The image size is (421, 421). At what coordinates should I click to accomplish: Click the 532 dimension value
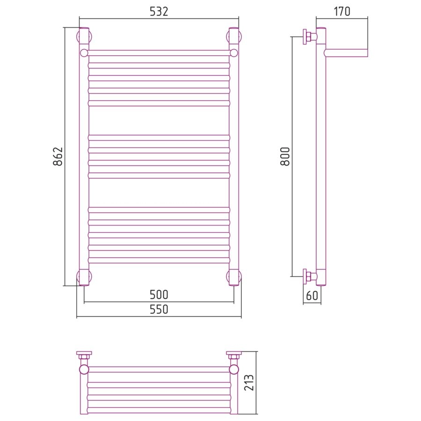[x=159, y=12]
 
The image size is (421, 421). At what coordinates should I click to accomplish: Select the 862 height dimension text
[x=58, y=156]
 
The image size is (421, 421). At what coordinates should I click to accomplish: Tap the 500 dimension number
[x=159, y=295]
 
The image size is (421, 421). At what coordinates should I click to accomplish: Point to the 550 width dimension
[x=159, y=309]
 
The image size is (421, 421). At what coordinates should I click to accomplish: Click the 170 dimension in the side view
[x=342, y=12]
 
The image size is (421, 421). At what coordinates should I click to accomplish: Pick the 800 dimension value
[x=285, y=156]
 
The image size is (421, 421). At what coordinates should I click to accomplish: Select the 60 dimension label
[x=312, y=296]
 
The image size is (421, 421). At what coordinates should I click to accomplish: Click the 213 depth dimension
[x=249, y=382]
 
